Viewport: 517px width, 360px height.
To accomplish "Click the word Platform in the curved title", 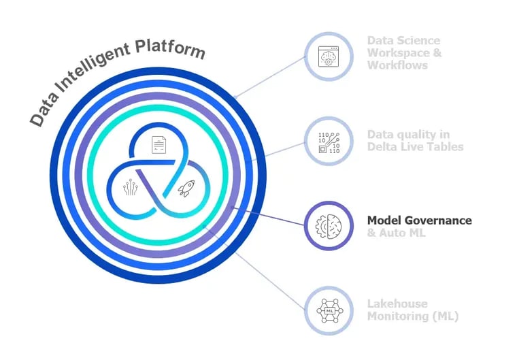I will [169, 49].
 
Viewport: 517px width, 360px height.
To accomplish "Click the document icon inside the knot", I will [158, 144].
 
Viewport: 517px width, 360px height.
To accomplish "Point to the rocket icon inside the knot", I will [185, 189].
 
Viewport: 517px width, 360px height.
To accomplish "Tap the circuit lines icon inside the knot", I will [131, 189].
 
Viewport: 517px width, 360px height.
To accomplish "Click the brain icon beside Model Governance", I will [329, 226].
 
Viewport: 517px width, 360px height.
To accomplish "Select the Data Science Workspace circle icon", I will [329, 56].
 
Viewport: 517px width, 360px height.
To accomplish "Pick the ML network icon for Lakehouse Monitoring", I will [329, 310].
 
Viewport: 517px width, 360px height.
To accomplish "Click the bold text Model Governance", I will [419, 220].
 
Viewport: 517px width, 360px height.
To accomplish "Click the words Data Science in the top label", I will [403, 41].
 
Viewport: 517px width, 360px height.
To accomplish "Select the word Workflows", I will [397, 65].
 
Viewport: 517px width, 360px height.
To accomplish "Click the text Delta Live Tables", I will [415, 147].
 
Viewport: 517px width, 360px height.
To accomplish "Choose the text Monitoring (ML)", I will [412, 316].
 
